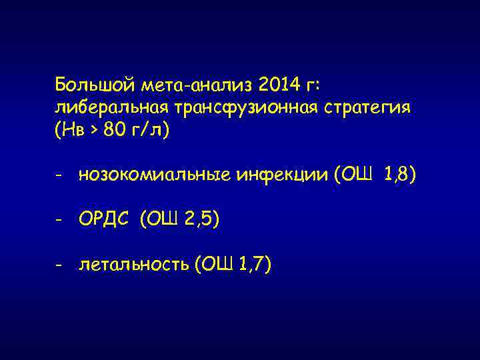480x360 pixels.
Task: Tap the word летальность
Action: pos(134,265)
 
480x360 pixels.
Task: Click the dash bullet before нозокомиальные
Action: pos(59,177)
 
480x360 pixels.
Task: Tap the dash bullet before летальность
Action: pos(59,266)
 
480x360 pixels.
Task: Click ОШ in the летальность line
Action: pos(213,265)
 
